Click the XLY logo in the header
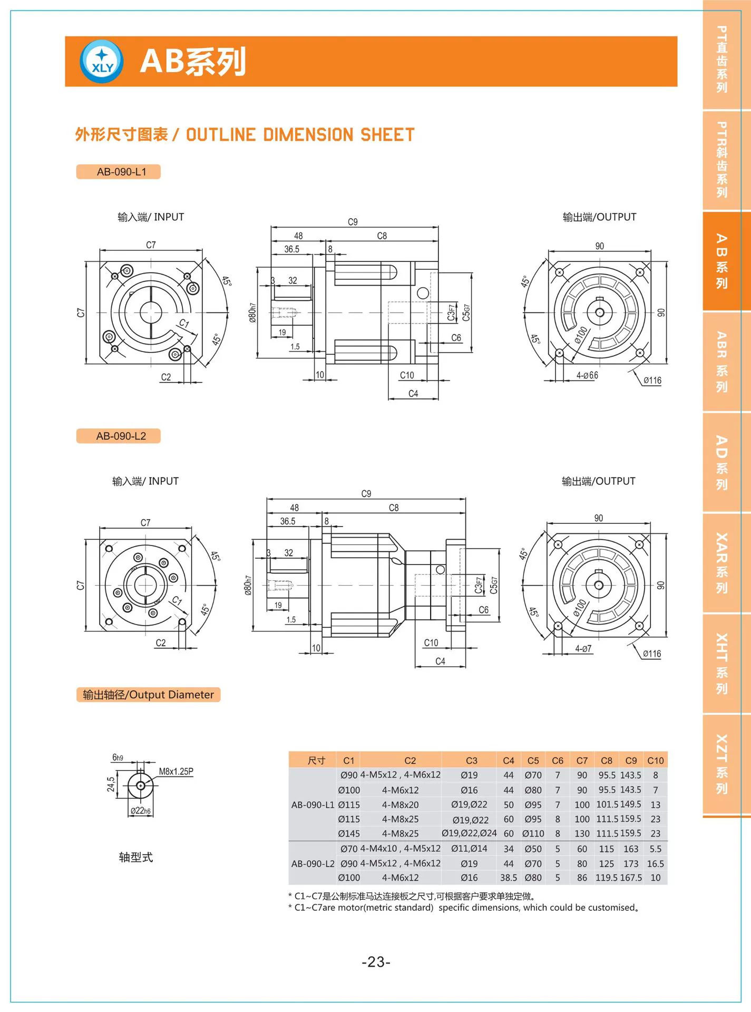102,62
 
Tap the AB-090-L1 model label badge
119,172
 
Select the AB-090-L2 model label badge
119,436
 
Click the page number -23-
376,962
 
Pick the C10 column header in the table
655,761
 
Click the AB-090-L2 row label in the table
313,864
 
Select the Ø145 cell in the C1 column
349,834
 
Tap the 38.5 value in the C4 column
508,878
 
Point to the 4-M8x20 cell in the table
400,805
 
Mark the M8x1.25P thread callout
176,772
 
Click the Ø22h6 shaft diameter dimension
141,811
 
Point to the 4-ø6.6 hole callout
587,375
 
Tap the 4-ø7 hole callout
583,649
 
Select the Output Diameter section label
148,695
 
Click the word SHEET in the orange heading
387,135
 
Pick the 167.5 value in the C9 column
631,878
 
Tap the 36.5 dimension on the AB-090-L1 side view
291,249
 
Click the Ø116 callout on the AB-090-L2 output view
652,654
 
